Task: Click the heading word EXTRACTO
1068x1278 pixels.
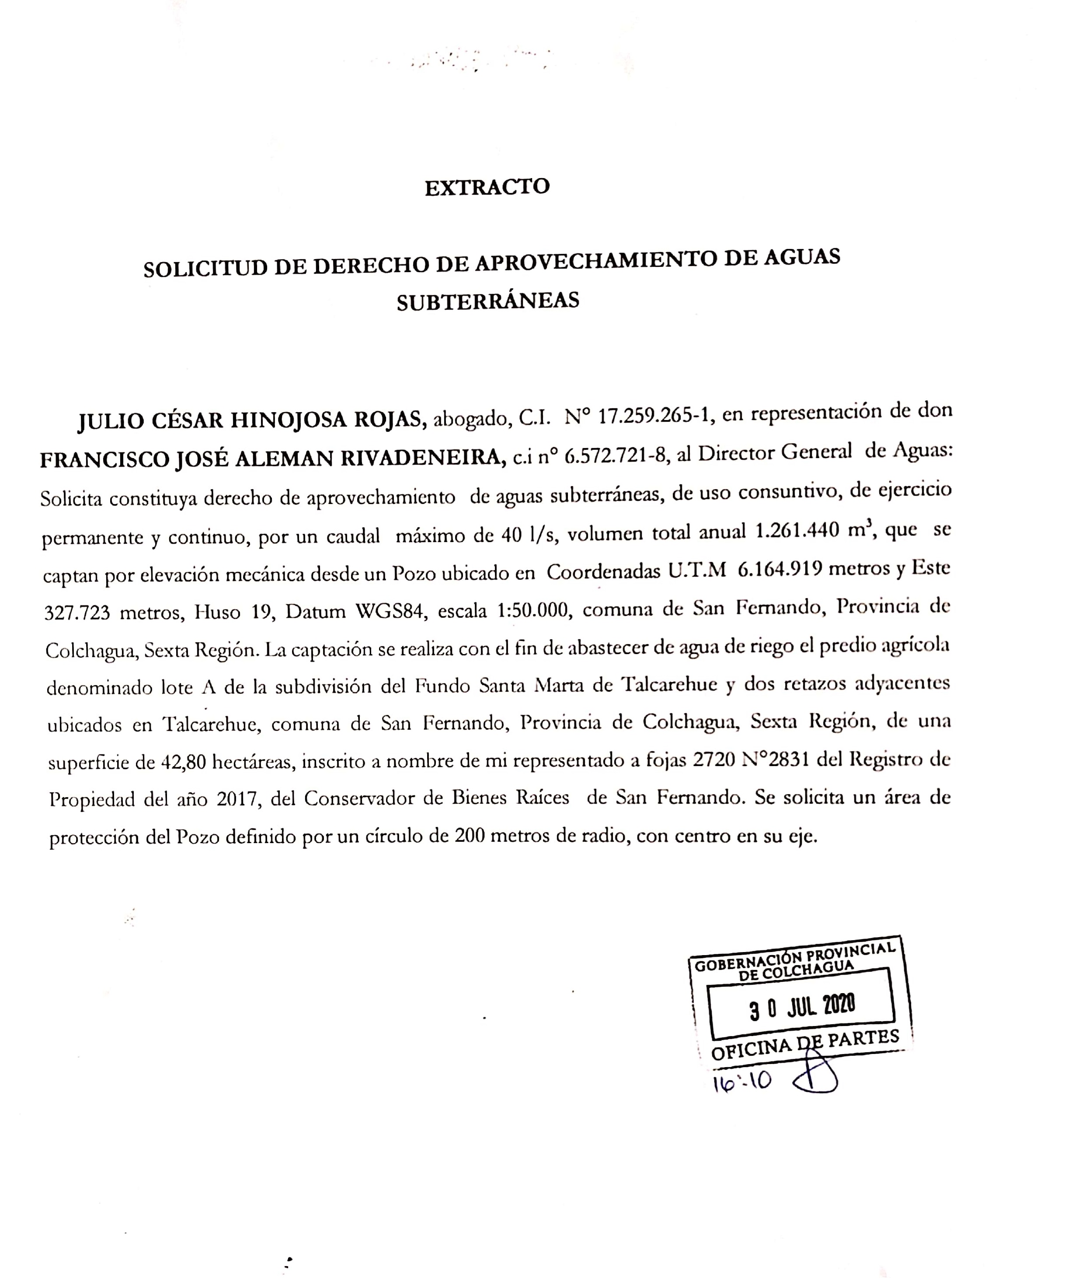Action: click(487, 187)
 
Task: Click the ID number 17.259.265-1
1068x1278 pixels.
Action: click(651, 415)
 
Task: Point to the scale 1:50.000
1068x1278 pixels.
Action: click(535, 609)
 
